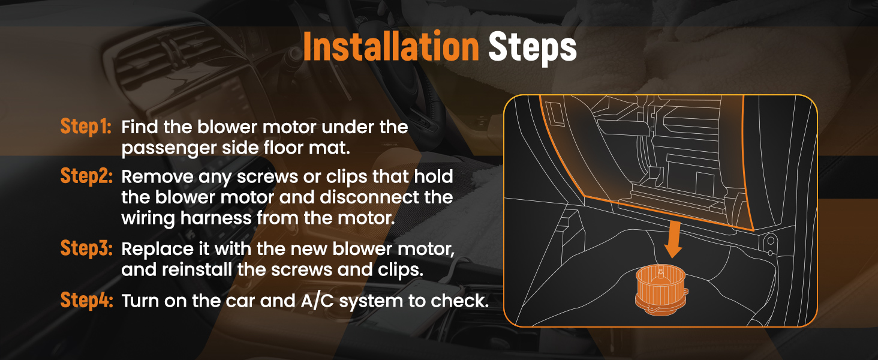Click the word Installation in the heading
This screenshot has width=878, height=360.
coord(391,47)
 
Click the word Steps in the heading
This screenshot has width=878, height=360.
coord(533,48)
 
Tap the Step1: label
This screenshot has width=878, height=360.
coord(86,126)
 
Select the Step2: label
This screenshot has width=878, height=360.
coord(86,176)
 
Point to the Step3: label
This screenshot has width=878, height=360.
coord(86,248)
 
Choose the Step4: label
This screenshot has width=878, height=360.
coord(86,301)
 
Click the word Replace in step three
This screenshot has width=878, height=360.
coord(163,249)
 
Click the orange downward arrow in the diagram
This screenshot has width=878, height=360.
coord(673,239)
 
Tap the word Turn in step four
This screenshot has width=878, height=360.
coord(140,301)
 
